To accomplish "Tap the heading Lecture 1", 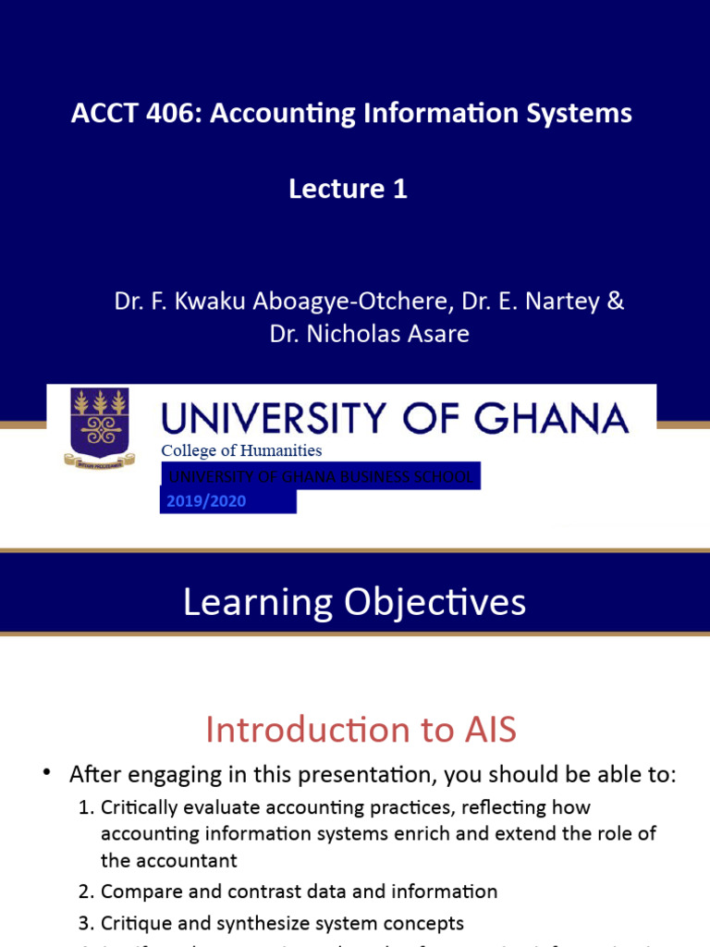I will (x=348, y=189).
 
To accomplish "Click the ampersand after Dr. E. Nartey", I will (x=614, y=301).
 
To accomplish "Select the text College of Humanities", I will (x=242, y=450).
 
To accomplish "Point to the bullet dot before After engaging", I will (x=45, y=774).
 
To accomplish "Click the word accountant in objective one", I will (x=186, y=860).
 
